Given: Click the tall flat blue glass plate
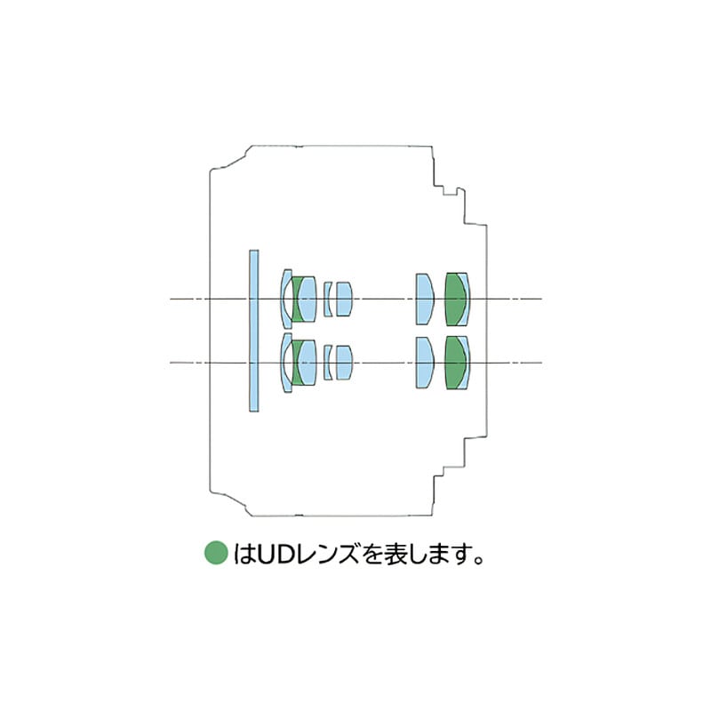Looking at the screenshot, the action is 254,331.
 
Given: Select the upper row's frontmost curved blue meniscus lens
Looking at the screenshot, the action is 284,299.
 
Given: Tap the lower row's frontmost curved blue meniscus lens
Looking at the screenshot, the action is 284,363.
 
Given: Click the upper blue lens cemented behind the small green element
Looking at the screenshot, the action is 308,300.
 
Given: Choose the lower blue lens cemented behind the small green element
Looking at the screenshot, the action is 308,363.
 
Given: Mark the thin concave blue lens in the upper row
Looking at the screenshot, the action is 327,300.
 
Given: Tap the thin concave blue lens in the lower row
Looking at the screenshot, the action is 327,363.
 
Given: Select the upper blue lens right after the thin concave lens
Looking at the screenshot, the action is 344,300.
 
